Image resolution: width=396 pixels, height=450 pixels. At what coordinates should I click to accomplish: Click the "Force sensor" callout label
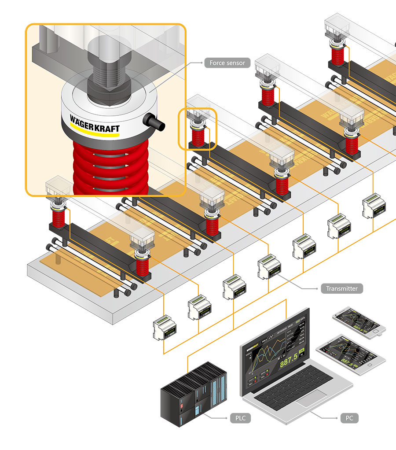coord(227,63)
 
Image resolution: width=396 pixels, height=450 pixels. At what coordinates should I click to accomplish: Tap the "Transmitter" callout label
coord(342,289)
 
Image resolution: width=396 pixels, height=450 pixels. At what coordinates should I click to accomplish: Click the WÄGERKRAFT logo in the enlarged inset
coord(95,122)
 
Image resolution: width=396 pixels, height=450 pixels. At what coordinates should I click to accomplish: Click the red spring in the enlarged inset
coord(110,167)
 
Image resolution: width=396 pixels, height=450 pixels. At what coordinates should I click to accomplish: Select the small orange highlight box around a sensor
coord(197,129)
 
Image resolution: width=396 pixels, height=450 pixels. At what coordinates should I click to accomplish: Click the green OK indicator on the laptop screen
coord(302,351)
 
